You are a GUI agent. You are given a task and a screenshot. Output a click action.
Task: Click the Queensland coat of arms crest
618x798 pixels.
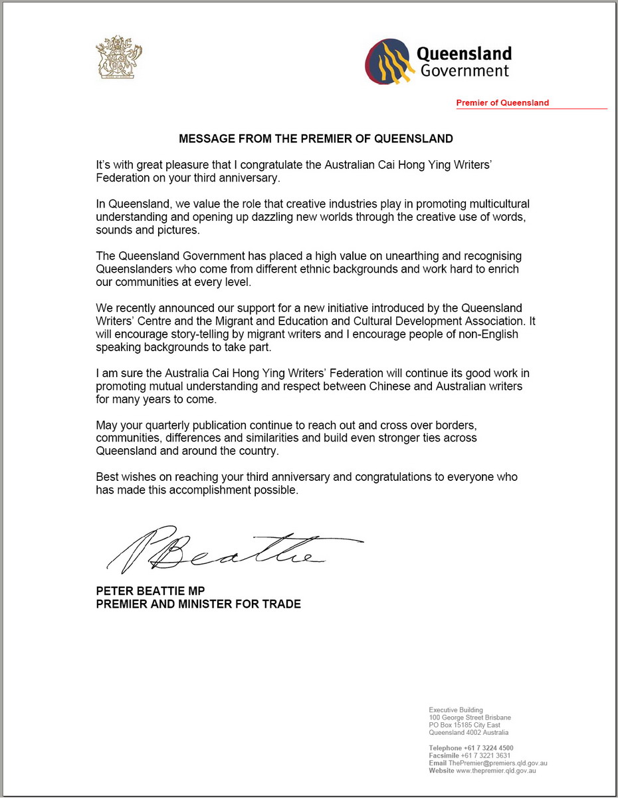[x=120, y=59]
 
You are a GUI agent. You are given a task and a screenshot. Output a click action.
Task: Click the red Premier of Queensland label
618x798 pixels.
[x=502, y=103]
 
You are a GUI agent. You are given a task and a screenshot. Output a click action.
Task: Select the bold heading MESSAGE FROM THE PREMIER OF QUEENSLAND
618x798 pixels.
[x=316, y=139]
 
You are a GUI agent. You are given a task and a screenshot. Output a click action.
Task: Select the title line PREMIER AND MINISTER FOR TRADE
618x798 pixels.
[x=198, y=604]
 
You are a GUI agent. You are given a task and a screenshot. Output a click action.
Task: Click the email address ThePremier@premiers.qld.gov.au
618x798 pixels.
[x=498, y=763]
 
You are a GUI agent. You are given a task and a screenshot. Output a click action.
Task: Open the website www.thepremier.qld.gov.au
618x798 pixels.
[x=493, y=771]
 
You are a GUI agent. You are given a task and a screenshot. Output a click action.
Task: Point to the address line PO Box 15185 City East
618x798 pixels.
[x=464, y=725]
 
